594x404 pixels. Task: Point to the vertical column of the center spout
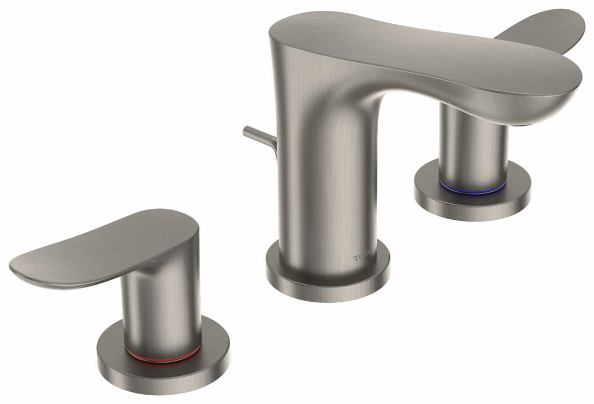click(324, 192)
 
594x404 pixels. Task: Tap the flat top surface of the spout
click(413, 49)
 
